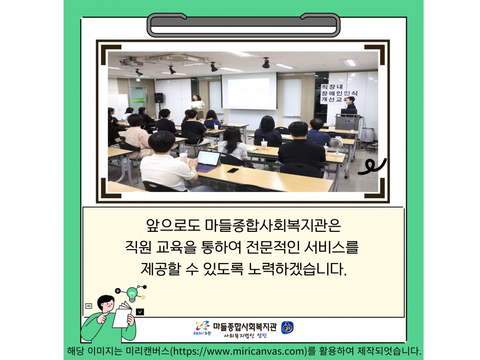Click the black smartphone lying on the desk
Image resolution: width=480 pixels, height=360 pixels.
coord(233,170)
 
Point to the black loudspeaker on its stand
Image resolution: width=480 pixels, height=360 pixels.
coord(158,98)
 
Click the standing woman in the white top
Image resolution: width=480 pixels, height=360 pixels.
coord(198,106)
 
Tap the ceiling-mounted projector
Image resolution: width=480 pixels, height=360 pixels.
coord(132,61)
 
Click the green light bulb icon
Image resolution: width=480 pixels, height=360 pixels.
coord(132,295)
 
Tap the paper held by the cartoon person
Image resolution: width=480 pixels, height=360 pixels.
coord(123,314)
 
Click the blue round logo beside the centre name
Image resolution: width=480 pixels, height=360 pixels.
coord(288,327)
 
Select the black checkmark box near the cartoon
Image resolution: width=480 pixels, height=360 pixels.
coord(140,312)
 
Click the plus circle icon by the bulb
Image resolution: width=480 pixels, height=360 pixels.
coord(118,291)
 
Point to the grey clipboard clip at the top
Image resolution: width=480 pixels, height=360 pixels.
coord(244,25)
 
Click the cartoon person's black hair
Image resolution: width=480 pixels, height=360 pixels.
coord(105,301)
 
